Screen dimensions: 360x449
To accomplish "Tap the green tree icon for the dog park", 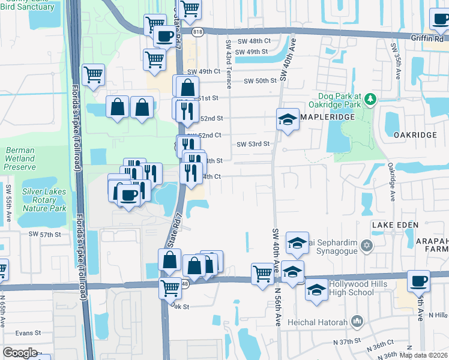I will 370,99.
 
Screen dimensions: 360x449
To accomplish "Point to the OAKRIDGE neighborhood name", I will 415,135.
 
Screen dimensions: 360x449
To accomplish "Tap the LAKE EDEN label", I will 394,224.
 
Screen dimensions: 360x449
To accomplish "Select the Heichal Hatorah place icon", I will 358,322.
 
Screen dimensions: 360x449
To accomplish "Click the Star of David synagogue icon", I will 367,244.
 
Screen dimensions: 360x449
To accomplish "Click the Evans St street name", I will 28,332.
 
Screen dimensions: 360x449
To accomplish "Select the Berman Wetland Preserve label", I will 20,158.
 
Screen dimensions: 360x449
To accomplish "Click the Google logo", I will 20,353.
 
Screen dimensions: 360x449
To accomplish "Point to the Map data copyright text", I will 423,355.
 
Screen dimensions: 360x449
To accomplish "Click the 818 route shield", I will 197,31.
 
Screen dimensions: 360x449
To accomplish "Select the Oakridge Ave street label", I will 391,179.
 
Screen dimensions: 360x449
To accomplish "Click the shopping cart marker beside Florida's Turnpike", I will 93,75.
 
